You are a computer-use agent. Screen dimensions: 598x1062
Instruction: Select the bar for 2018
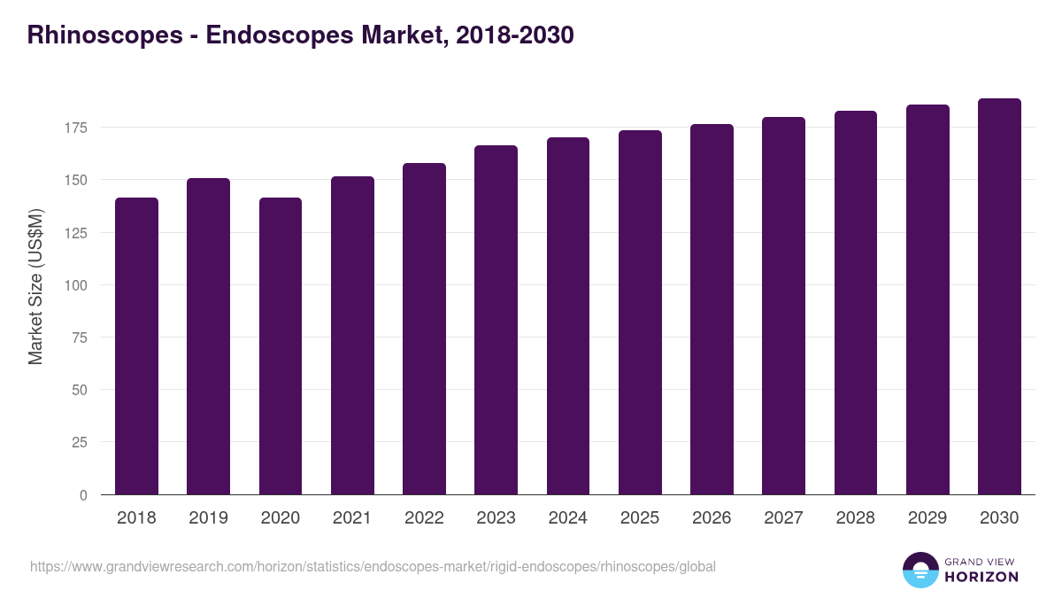tap(136, 346)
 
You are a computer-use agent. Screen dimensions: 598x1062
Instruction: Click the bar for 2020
tap(281, 346)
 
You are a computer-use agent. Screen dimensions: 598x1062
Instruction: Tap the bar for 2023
tap(496, 320)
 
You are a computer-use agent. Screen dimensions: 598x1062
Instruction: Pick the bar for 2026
tap(712, 309)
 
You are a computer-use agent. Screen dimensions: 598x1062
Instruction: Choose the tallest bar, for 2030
tap(999, 296)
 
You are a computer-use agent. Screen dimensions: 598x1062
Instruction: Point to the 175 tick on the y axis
tap(76, 128)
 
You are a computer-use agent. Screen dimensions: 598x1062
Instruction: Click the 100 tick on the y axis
tap(76, 285)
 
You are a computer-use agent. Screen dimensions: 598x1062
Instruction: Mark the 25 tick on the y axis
tap(80, 442)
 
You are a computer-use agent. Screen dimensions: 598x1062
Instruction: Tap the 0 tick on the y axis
tap(83, 495)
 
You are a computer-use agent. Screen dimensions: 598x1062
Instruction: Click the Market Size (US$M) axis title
tap(35, 286)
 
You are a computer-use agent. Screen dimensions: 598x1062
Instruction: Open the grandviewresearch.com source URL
tap(373, 566)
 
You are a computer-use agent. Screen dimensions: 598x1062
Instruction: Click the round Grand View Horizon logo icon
tap(920, 570)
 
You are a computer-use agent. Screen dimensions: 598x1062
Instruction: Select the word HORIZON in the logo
tap(981, 577)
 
